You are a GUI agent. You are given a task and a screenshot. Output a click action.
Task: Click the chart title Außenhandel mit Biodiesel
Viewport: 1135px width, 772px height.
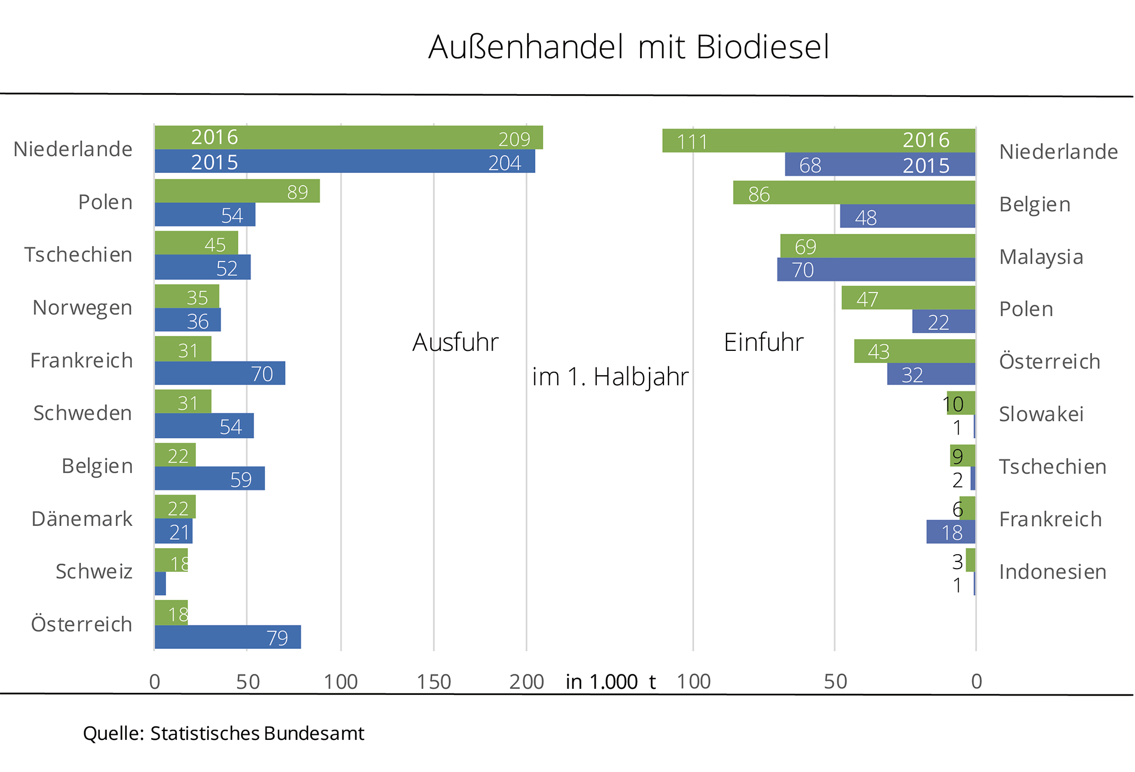pos(628,47)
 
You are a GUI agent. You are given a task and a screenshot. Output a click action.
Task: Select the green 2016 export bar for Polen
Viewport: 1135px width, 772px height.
pos(237,191)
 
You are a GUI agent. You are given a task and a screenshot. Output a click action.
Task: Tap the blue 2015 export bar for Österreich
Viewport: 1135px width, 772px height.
pos(227,637)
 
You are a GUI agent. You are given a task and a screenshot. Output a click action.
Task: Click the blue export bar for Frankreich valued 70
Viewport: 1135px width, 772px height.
pos(219,373)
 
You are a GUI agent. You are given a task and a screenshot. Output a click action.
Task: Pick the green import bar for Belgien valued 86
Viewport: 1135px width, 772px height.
pos(853,193)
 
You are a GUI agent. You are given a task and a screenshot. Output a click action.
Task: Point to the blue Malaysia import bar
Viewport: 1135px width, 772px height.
pos(876,270)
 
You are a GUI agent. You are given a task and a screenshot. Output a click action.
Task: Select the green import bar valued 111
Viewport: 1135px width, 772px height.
pos(818,141)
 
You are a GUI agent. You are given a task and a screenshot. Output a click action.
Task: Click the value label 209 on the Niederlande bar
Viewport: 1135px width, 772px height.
pos(514,139)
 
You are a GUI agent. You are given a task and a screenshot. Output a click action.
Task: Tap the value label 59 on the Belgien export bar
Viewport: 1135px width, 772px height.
pos(241,479)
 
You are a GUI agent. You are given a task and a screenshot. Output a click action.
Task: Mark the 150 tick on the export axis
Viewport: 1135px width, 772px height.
pos(434,682)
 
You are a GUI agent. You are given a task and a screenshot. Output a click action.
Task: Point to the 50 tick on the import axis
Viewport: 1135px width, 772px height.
pos(835,682)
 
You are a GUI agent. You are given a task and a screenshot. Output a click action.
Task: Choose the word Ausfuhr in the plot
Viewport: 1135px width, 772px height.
pos(456,342)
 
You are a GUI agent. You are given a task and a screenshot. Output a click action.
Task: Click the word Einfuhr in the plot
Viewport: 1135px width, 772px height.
pos(763,342)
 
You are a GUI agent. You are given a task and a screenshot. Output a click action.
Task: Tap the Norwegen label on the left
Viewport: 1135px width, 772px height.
pos(82,308)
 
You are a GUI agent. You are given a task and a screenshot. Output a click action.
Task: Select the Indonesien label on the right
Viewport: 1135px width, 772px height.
pos(1052,571)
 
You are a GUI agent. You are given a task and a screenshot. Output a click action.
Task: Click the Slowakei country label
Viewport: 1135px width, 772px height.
pos(1041,414)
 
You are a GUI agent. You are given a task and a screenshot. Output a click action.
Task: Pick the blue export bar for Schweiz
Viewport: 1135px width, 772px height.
pos(160,584)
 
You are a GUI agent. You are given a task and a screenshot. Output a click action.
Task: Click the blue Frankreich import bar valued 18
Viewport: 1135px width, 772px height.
pos(950,532)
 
